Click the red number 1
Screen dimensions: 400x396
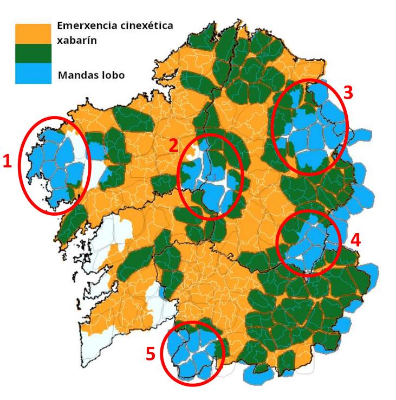[x=8, y=162]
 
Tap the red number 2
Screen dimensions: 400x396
[x=173, y=145]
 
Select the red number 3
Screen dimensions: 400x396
[x=348, y=93]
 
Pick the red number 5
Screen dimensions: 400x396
[x=151, y=354]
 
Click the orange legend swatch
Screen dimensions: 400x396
[x=33, y=33]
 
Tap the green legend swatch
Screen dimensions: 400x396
[x=33, y=53]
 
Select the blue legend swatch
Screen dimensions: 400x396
[x=33, y=74]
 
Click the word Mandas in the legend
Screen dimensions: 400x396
[x=75, y=75]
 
